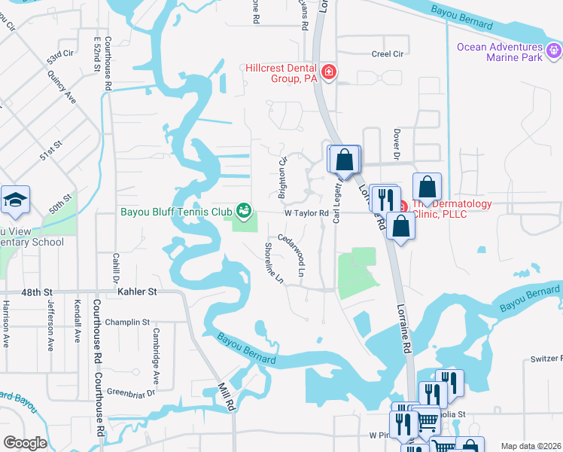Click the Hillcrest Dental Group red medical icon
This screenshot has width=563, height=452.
(328, 72)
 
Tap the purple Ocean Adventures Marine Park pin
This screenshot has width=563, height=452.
(555, 51)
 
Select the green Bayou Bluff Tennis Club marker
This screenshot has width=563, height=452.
(243, 210)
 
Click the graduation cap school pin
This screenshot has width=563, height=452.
(15, 200)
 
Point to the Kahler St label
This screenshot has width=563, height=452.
(136, 291)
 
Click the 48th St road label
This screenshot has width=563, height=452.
(37, 291)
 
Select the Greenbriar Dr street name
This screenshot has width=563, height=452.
(130, 392)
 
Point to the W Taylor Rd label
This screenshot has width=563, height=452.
(306, 213)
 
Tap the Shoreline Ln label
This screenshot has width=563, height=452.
(273, 262)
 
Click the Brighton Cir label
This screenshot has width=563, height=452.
(284, 176)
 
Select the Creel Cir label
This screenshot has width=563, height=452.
(388, 53)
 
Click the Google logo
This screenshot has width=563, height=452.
(24, 443)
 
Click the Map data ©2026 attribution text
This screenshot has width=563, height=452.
(530, 446)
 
